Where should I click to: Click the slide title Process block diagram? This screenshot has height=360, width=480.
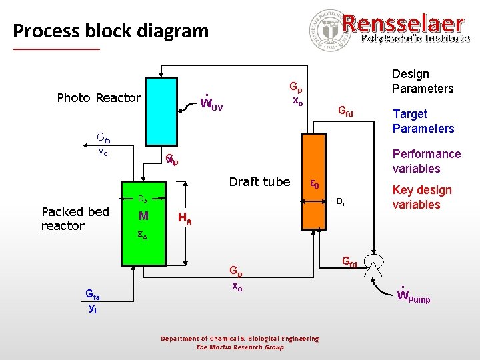(x=111, y=31)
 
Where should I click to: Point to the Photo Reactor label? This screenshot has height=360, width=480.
(x=99, y=98)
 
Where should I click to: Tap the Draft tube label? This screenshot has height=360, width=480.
(x=259, y=182)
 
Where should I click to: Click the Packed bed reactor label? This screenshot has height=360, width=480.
(x=75, y=219)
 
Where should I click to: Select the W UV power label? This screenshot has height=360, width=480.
(x=212, y=103)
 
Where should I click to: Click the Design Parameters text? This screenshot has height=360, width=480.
(x=422, y=81)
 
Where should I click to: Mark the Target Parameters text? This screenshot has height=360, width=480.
(x=423, y=121)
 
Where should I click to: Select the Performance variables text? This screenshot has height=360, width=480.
(x=427, y=161)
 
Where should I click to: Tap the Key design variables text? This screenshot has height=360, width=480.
(x=422, y=197)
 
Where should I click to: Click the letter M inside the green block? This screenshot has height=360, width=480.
(x=143, y=215)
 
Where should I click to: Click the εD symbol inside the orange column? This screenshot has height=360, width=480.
(x=313, y=183)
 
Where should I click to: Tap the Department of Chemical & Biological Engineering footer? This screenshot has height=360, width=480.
(x=240, y=339)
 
